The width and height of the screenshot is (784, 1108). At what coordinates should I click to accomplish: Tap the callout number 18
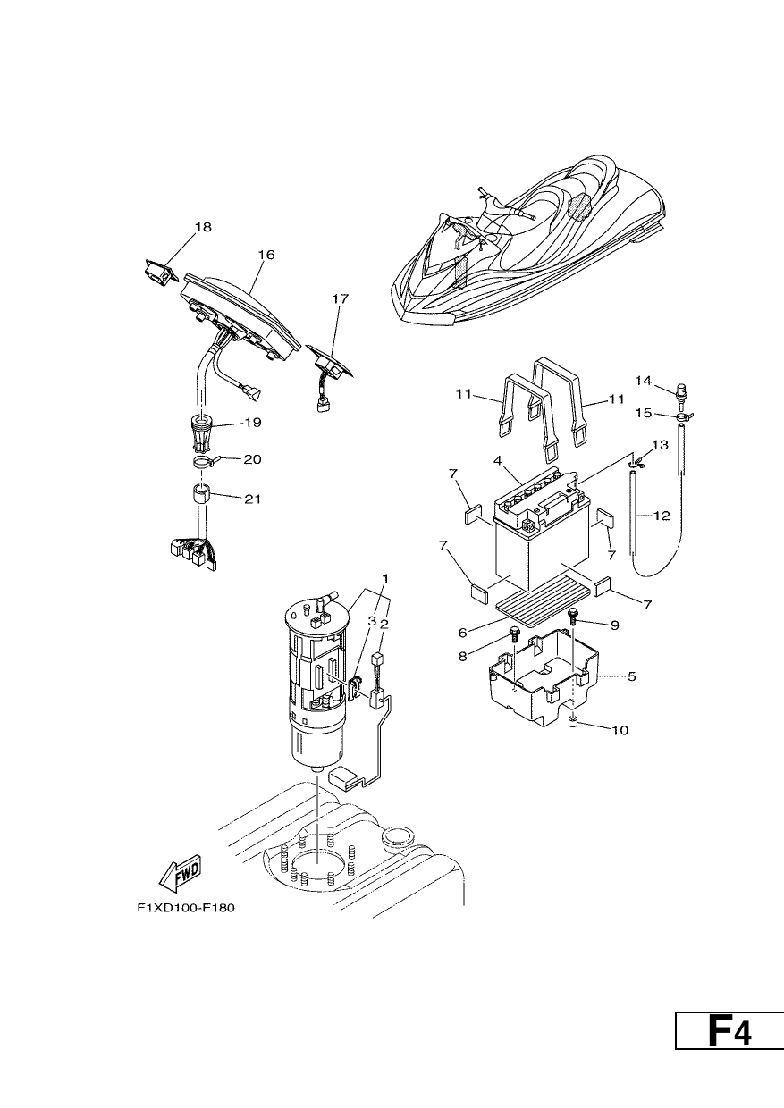[x=203, y=227]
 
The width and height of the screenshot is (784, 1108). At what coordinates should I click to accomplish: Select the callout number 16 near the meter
[x=266, y=255]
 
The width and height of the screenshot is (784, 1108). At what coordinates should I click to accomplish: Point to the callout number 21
[x=252, y=499]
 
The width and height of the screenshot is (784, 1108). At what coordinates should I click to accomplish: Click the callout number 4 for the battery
[x=497, y=461]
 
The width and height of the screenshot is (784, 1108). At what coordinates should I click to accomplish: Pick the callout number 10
[x=620, y=730]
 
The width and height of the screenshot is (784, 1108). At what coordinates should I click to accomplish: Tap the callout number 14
[x=644, y=381]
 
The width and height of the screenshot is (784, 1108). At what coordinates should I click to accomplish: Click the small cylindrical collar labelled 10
[x=574, y=724]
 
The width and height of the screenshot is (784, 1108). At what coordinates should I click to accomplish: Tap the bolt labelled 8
[x=513, y=634]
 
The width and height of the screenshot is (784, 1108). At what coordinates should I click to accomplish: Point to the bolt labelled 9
[x=574, y=616]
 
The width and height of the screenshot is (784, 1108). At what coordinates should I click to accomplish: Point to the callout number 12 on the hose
[x=662, y=516]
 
